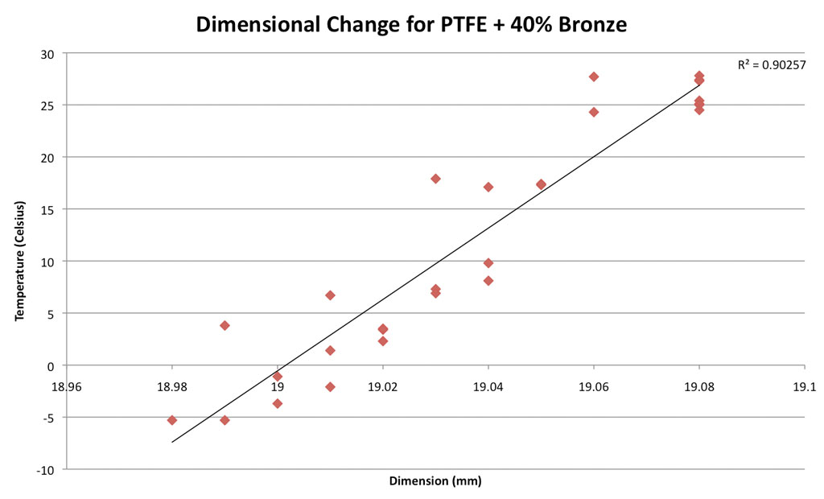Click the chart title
[411, 25]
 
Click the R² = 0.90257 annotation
[772, 64]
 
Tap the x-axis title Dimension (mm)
[435, 481]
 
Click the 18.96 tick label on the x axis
[67, 386]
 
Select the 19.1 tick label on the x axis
[805, 386]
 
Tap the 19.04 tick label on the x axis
[488, 386]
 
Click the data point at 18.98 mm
[172, 420]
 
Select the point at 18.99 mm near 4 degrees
[225, 325]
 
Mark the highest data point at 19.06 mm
[594, 76]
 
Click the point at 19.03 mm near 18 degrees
[435, 179]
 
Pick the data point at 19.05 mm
[541, 184]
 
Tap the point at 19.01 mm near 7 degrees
[330, 295]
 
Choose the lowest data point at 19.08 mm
[699, 109]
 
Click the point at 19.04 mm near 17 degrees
[488, 187]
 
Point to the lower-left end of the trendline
[172, 442]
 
